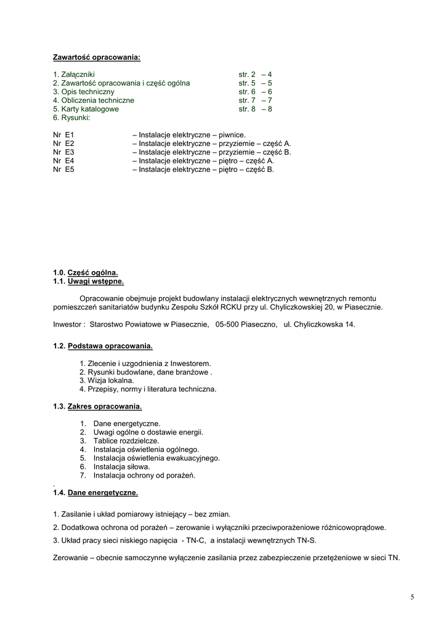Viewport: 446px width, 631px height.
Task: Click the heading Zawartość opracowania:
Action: pyautogui.click(x=97, y=58)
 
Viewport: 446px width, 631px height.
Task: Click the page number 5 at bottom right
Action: pyautogui.click(x=412, y=597)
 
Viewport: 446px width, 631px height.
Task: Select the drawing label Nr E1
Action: pyautogui.click(x=63, y=134)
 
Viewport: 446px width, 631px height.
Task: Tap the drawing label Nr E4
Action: pyautogui.click(x=63, y=160)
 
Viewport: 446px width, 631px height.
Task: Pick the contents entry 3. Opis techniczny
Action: pyautogui.click(x=83, y=92)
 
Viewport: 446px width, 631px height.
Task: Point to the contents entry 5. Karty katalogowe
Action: pyautogui.click(x=86, y=109)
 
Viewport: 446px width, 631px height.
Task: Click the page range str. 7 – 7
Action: pyautogui.click(x=255, y=100)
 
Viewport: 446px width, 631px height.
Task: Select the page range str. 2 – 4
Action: pyautogui.click(x=255, y=75)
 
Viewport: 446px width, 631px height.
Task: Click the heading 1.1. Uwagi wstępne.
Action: pyautogui.click(x=88, y=282)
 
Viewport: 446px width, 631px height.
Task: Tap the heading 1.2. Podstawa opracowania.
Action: pyautogui.click(x=103, y=346)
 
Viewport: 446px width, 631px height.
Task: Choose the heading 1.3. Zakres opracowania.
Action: pyautogui.click(x=97, y=407)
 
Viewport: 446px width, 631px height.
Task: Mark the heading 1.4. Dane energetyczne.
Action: pyautogui.click(x=95, y=493)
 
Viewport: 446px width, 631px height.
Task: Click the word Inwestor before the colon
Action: pyautogui.click(x=68, y=324)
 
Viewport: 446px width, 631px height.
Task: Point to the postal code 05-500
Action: pyautogui.click(x=228, y=324)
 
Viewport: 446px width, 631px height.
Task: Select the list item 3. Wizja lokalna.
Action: pyautogui.click(x=106, y=381)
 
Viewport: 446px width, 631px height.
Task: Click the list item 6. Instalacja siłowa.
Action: pyautogui.click(x=121, y=466)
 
